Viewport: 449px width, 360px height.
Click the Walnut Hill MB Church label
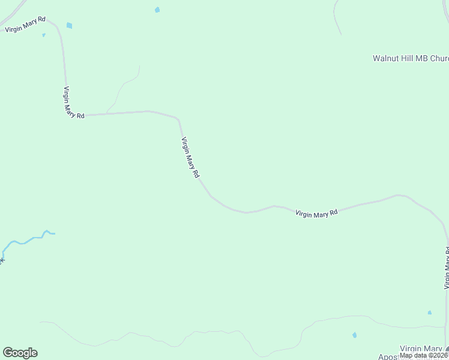tap(411, 59)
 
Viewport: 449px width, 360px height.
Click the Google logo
tap(20, 353)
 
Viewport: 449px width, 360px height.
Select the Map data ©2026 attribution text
tap(424, 355)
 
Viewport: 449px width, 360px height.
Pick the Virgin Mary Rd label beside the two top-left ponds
tap(25, 25)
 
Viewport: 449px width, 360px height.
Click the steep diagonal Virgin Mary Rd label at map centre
tap(190, 158)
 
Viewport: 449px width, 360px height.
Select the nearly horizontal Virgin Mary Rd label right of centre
tap(316, 213)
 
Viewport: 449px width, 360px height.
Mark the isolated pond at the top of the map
tap(157, 10)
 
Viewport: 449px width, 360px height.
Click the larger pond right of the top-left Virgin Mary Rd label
tap(69, 25)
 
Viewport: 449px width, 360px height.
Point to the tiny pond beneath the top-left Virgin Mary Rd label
tap(44, 35)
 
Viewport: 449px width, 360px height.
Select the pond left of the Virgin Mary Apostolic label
tap(354, 335)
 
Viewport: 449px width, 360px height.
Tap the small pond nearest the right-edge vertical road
tap(429, 313)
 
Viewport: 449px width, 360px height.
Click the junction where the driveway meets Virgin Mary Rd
tap(107, 113)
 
